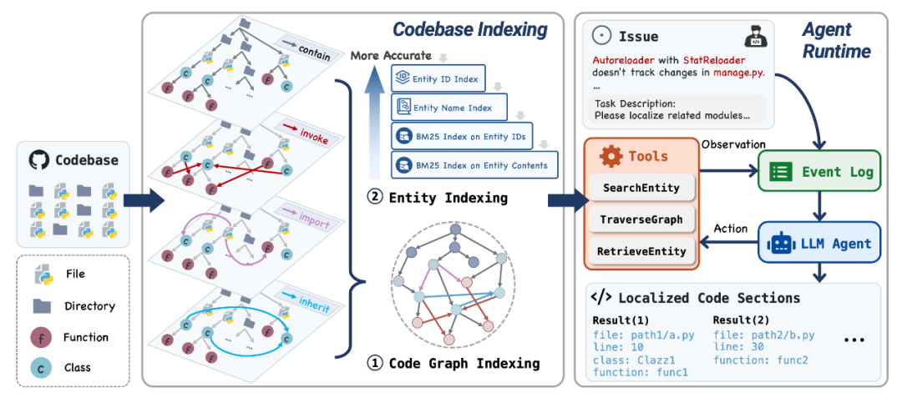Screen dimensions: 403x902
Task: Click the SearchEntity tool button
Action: [641, 189]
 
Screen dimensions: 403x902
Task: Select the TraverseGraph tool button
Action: [641, 219]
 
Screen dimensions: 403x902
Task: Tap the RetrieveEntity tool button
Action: [641, 250]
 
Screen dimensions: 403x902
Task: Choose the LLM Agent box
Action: [819, 244]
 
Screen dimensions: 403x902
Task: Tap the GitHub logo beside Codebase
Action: [38, 159]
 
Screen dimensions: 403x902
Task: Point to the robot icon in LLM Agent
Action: [782, 244]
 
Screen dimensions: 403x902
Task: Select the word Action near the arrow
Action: [731, 229]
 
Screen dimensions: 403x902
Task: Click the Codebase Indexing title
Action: [470, 30]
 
